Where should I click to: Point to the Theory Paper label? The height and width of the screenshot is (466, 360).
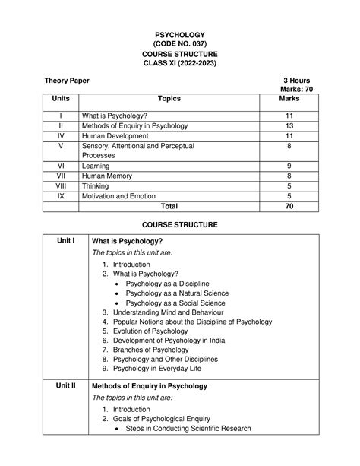coord(65,81)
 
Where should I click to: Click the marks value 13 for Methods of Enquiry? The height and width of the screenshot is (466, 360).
coord(289,125)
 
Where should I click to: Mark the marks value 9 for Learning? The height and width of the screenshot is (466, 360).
coord(289,165)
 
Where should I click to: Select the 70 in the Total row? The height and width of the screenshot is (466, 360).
coord(289,206)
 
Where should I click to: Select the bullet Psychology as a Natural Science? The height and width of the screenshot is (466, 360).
coord(177,293)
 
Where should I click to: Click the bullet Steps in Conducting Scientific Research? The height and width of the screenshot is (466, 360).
coord(188,428)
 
